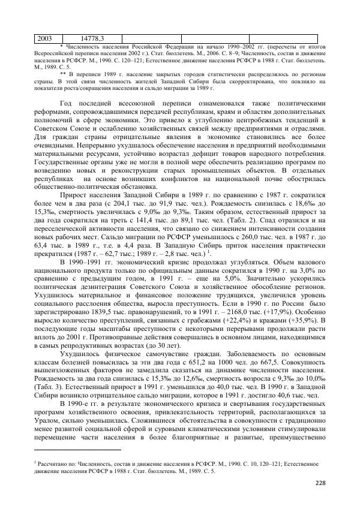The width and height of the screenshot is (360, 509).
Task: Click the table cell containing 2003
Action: point(45,38)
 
